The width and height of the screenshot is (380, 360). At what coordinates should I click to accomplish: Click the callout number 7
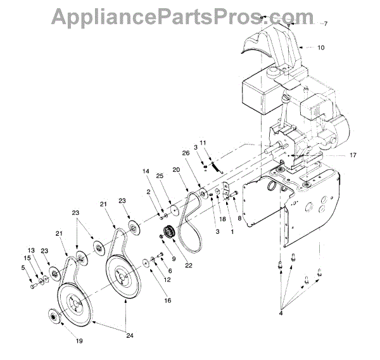(x=326, y=24)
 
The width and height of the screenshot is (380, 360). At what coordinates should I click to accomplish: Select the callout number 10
(x=322, y=48)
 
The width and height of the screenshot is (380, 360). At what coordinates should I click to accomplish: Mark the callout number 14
(x=145, y=172)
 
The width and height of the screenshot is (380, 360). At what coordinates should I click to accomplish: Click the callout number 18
(x=222, y=219)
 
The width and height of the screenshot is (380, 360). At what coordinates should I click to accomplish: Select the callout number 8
(x=239, y=219)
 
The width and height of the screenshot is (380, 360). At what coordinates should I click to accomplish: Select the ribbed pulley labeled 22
(x=169, y=232)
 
